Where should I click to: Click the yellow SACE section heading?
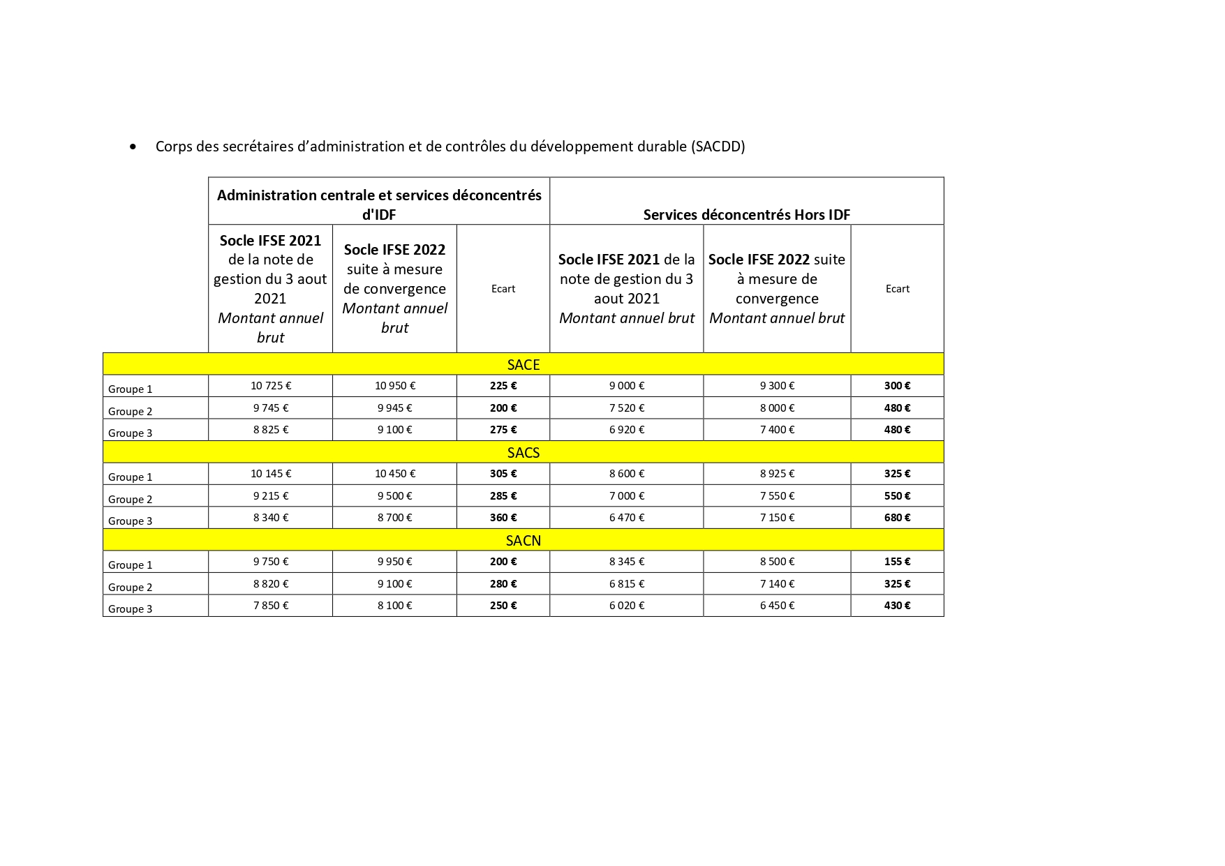click(x=523, y=364)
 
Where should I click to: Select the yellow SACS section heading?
click(x=523, y=452)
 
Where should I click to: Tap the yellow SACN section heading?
click(x=523, y=540)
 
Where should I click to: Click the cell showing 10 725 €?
click(x=271, y=385)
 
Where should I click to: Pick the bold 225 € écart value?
click(x=503, y=385)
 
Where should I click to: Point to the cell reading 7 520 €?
click(x=627, y=408)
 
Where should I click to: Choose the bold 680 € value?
click(x=897, y=517)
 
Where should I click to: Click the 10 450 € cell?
click(x=395, y=473)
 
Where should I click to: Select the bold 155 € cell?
click(x=897, y=561)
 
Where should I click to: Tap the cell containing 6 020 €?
click(x=627, y=605)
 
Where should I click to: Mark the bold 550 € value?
click(x=897, y=495)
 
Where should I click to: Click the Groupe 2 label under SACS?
click(x=131, y=499)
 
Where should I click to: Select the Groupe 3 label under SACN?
click(x=131, y=609)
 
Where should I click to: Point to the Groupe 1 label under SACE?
click(x=131, y=389)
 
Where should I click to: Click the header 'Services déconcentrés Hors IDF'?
click(x=746, y=214)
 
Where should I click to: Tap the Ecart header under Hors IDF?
click(x=897, y=288)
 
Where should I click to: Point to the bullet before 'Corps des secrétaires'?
click(x=133, y=147)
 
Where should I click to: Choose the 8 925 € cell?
click(x=777, y=473)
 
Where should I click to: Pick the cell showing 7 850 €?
click(x=271, y=605)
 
